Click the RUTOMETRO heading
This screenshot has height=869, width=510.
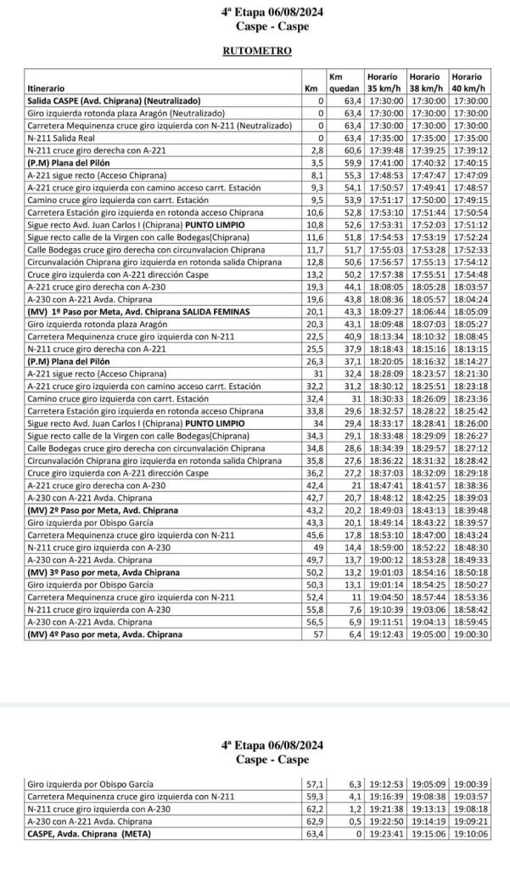click(255, 51)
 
